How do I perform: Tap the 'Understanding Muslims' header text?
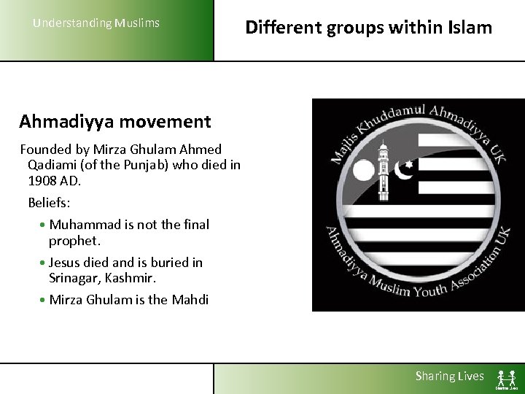[96, 23]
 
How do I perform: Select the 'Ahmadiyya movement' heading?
[114, 121]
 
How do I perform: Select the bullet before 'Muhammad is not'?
[44, 225]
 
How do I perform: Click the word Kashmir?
[131, 278]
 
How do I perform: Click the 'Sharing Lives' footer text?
[449, 376]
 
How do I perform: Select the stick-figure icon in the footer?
[507, 378]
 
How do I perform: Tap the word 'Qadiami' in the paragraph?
[52, 164]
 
